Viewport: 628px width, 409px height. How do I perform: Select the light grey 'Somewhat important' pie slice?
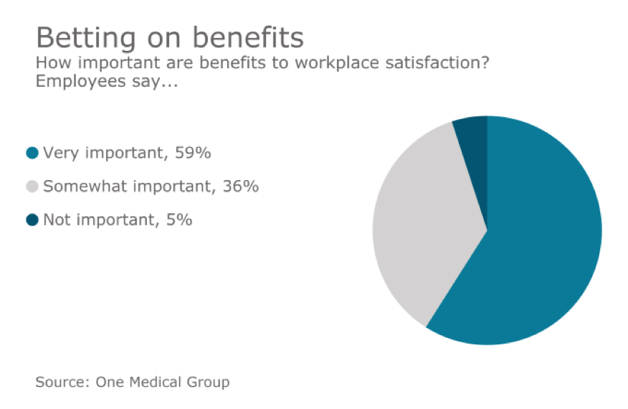pyautogui.click(x=423, y=222)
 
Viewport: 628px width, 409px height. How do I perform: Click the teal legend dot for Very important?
pyautogui.click(x=32, y=153)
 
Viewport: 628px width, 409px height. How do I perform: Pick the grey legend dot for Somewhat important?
pyautogui.click(x=32, y=187)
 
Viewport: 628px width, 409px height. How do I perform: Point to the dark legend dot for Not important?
pyautogui.click(x=32, y=220)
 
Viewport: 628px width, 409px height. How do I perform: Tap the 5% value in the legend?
pyautogui.click(x=179, y=220)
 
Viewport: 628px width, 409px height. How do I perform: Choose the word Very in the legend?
pyautogui.click(x=58, y=153)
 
